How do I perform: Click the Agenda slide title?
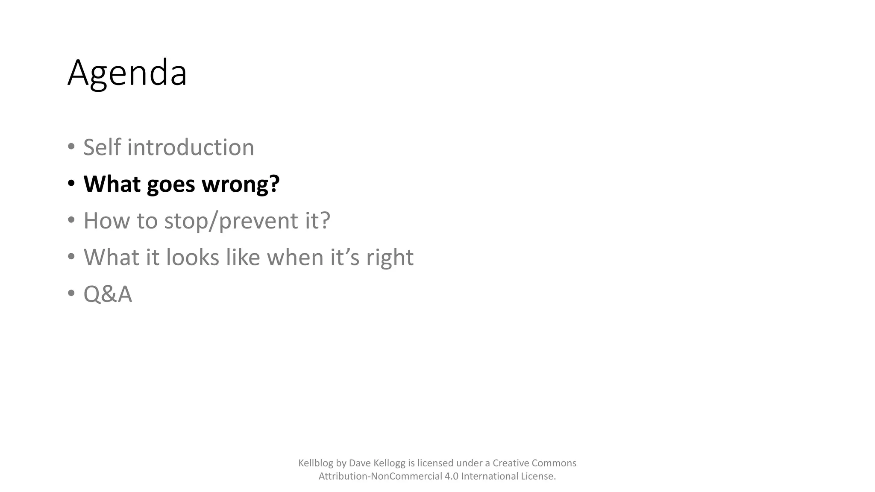127,73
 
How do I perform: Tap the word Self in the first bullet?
102,147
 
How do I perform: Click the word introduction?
191,147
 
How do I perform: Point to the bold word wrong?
241,184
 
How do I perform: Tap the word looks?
192,258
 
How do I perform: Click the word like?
242,258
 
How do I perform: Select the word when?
295,258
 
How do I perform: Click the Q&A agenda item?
108,294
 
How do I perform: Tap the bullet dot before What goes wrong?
71,184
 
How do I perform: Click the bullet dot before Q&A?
71,294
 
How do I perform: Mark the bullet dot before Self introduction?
71,147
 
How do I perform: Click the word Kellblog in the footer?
316,463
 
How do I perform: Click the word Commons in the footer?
554,463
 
